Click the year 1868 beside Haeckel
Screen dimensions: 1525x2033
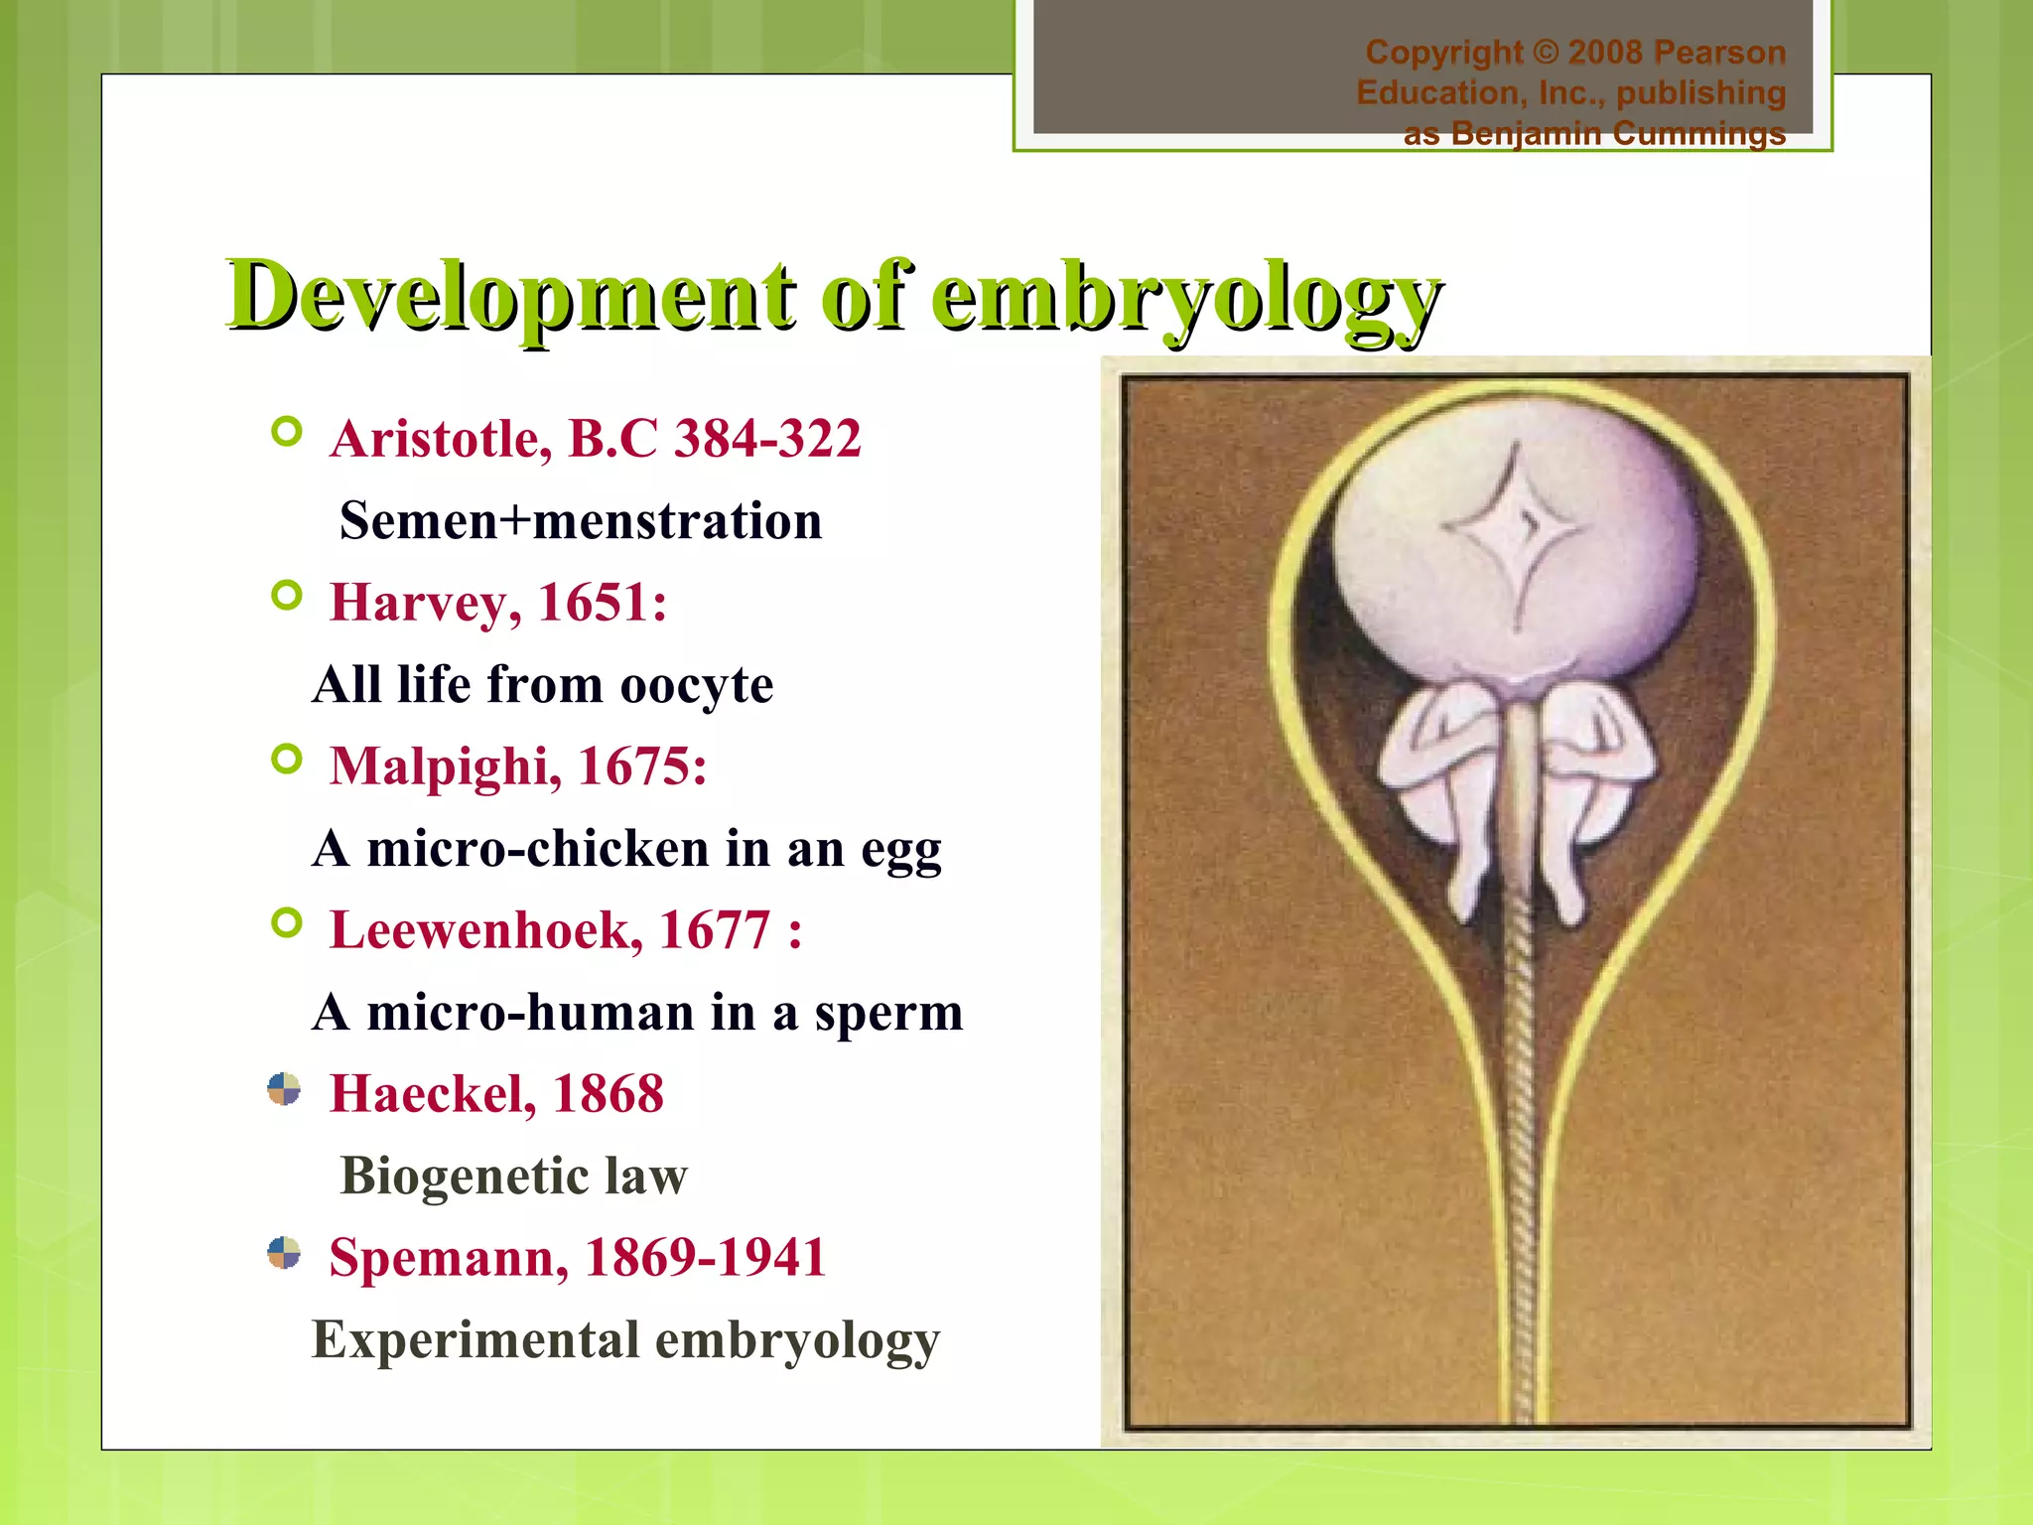(608, 1094)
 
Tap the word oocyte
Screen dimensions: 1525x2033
(696, 685)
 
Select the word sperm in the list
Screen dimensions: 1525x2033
(888, 1013)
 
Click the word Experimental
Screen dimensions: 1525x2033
(474, 1339)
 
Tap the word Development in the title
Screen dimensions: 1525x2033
(511, 296)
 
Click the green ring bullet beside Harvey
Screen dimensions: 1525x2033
(286, 596)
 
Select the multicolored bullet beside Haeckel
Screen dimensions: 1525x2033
(284, 1089)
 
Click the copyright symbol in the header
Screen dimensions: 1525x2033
(1545, 52)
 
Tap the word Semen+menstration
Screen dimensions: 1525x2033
(581, 521)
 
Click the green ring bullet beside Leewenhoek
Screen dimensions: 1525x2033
(286, 923)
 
